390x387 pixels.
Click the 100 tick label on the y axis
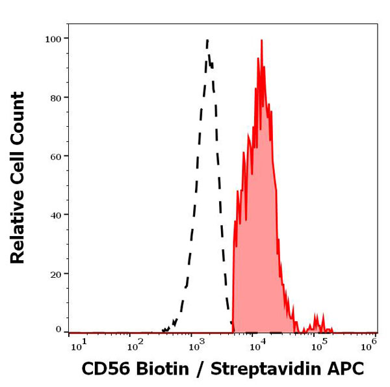(53, 39)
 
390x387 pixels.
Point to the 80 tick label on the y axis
(56, 98)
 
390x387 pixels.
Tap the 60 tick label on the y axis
(56, 156)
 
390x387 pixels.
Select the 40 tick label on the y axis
(56, 215)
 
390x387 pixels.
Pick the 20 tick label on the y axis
(56, 274)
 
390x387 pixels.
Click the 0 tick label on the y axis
(58, 330)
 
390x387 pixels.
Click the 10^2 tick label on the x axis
(135, 345)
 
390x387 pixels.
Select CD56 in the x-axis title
(101, 369)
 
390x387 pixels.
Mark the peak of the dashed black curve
(207, 40)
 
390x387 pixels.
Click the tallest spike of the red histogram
(261, 40)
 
